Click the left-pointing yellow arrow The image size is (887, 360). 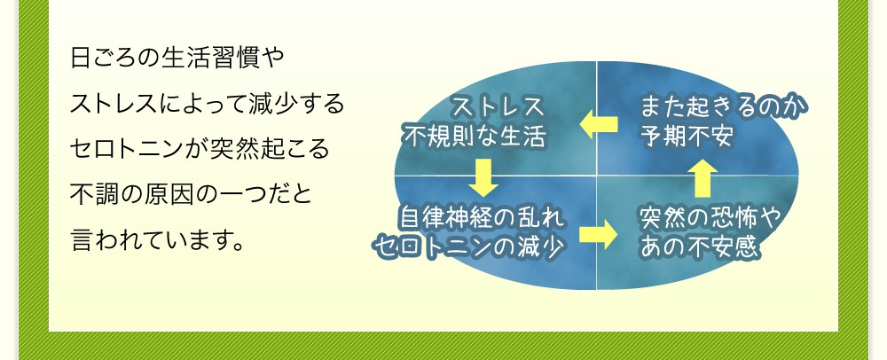point(599,126)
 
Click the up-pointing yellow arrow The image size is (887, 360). point(703,177)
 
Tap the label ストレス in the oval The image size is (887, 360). point(498,107)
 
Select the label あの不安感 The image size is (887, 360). point(698,246)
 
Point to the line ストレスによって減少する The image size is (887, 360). point(207,105)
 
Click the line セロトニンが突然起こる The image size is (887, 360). point(200,148)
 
